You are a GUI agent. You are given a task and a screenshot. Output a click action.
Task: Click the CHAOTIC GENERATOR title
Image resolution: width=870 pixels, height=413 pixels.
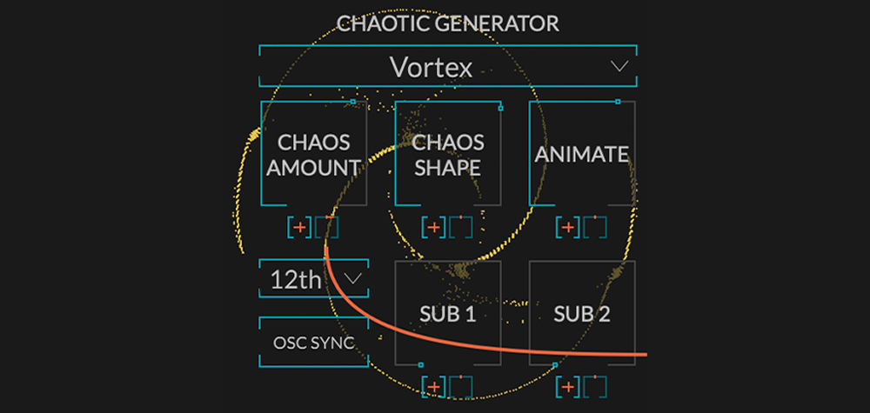[x=447, y=23]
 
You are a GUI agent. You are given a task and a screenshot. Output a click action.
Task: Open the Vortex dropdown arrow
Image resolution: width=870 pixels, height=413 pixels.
[x=619, y=66]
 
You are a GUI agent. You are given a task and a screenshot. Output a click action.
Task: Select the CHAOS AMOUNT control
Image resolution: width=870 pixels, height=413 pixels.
[x=313, y=154]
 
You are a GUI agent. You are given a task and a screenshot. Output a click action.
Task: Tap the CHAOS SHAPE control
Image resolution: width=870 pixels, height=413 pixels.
[x=447, y=154]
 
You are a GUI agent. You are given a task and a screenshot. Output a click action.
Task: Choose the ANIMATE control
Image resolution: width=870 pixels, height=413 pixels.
[x=581, y=154]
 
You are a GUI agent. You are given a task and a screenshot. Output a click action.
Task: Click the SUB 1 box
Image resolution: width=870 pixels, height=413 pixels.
[x=447, y=314]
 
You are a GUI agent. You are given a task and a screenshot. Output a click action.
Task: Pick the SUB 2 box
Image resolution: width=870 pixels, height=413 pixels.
[x=581, y=314]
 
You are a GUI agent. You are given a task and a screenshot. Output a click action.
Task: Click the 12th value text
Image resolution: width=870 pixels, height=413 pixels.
[x=296, y=280]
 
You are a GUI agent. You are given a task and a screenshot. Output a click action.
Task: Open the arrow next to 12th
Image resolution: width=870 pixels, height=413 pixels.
[x=352, y=279]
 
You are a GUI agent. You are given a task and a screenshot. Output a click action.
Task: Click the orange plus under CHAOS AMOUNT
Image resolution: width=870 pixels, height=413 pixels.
[x=299, y=228]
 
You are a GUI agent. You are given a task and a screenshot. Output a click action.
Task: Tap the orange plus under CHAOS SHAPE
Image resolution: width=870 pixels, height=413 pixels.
[x=433, y=228]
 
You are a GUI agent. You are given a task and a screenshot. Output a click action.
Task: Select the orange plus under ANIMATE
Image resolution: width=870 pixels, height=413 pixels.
[x=567, y=228]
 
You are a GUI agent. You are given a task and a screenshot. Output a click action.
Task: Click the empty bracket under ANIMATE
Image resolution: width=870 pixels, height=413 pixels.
[x=596, y=228]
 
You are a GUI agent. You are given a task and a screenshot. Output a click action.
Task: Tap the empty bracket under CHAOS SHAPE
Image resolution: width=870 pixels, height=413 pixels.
[x=461, y=228]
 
